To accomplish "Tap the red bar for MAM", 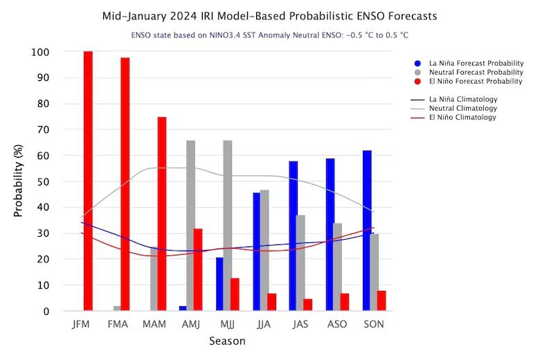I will [x=162, y=214].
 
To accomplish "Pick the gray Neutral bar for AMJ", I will [x=190, y=226].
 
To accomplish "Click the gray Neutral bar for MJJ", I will [x=228, y=226].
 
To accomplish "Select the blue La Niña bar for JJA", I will [x=257, y=252].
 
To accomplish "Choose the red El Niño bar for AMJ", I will [x=198, y=270].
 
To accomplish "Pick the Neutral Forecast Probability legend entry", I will [x=477, y=72].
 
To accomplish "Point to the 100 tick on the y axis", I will [x=40, y=52].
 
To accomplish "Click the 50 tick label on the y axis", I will [x=43, y=181].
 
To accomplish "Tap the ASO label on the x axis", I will [x=337, y=324].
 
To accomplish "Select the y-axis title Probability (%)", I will [x=19, y=181].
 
